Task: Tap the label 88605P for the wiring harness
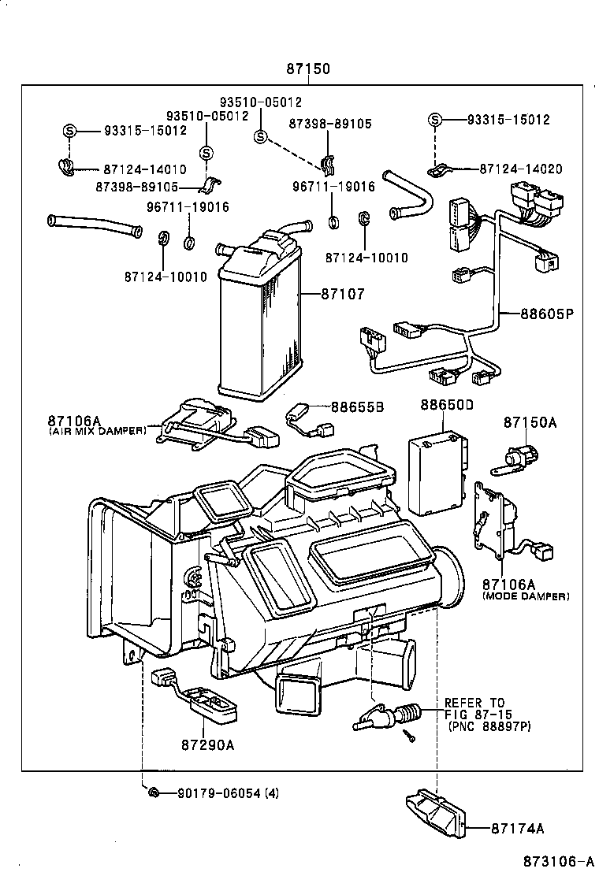coord(546,313)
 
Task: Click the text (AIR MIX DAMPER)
coord(97,432)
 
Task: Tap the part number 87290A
coord(208,744)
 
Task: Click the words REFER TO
coord(474,703)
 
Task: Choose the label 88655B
coord(357,406)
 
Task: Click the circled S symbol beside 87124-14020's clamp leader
coord(434,120)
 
